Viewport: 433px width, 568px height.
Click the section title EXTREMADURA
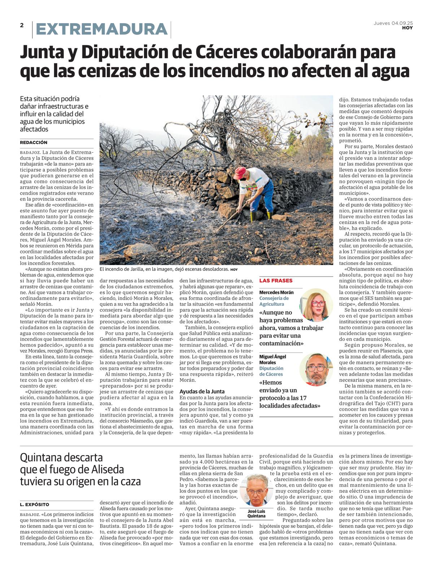point(102,29)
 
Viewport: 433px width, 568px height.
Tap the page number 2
point(22,25)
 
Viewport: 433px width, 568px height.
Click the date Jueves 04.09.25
point(393,23)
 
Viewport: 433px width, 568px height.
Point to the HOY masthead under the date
point(407,28)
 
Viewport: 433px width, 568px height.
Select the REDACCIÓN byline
point(34,142)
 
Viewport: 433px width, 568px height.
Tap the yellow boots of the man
point(261,216)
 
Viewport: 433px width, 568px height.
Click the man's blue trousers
point(265,197)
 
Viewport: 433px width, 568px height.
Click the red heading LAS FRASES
point(276,281)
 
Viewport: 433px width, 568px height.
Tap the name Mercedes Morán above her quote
point(276,292)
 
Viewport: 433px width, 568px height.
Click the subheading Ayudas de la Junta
point(202,391)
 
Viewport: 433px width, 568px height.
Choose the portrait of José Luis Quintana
point(256,490)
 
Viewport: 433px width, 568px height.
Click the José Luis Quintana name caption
point(256,514)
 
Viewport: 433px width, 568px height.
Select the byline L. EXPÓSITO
point(35,505)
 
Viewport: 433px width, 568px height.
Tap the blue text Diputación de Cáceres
point(271,371)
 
